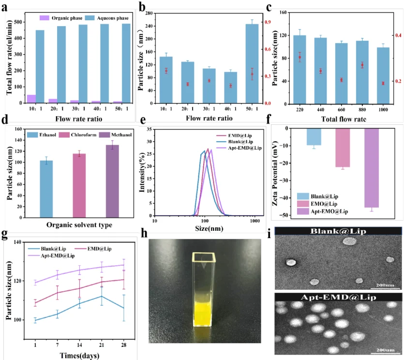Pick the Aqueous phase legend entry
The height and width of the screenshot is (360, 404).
pos(108,18)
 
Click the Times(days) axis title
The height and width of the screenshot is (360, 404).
pos(80,356)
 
